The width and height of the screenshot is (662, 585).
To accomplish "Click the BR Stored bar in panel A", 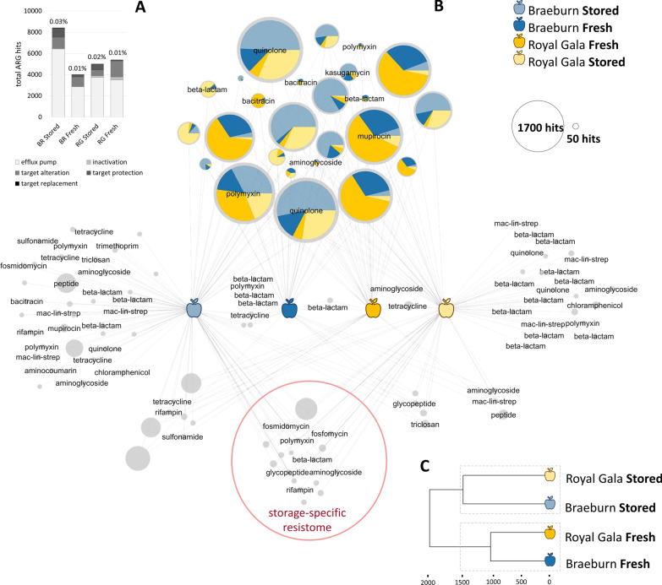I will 57,73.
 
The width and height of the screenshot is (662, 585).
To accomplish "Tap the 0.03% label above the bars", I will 57,20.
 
